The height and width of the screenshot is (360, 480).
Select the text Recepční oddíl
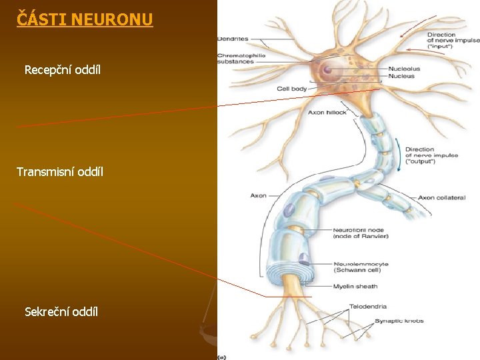pyautogui.click(x=63, y=69)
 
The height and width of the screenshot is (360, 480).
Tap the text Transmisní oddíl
pyautogui.click(x=60, y=172)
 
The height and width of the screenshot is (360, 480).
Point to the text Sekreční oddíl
pyautogui.click(x=61, y=311)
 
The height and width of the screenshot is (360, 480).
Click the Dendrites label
pyautogui.click(x=233, y=39)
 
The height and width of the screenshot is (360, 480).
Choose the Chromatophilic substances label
pyautogui.click(x=241, y=58)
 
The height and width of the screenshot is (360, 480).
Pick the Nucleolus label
pyautogui.click(x=404, y=69)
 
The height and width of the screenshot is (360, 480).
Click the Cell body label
pyautogui.click(x=292, y=89)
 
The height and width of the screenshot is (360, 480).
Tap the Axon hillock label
pyautogui.click(x=327, y=113)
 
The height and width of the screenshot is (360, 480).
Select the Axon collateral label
pyautogui.click(x=441, y=198)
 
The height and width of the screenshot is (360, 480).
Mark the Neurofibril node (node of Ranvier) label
pyautogui.click(x=361, y=233)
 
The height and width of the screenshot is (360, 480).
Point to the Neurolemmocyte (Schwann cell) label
pyautogui.click(x=361, y=267)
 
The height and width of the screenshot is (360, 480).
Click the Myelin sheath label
pyautogui.click(x=355, y=287)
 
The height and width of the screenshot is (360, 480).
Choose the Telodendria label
pyautogui.click(x=367, y=307)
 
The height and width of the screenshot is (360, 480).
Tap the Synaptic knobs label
pyautogui.click(x=399, y=321)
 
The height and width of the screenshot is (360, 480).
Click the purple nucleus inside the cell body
pyautogui.click(x=327, y=69)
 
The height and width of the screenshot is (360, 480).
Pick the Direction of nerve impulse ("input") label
pyautogui.click(x=453, y=41)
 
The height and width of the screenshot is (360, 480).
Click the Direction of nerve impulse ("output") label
pyautogui.click(x=431, y=155)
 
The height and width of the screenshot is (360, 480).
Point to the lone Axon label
pyautogui.click(x=258, y=195)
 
